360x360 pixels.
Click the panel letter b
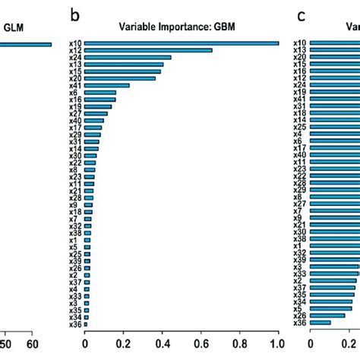74,14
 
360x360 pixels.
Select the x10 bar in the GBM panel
181,43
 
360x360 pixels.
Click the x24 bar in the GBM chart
128,57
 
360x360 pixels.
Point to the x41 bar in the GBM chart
106,85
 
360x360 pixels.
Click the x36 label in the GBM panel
74,324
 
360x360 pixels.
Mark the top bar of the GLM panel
26,44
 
